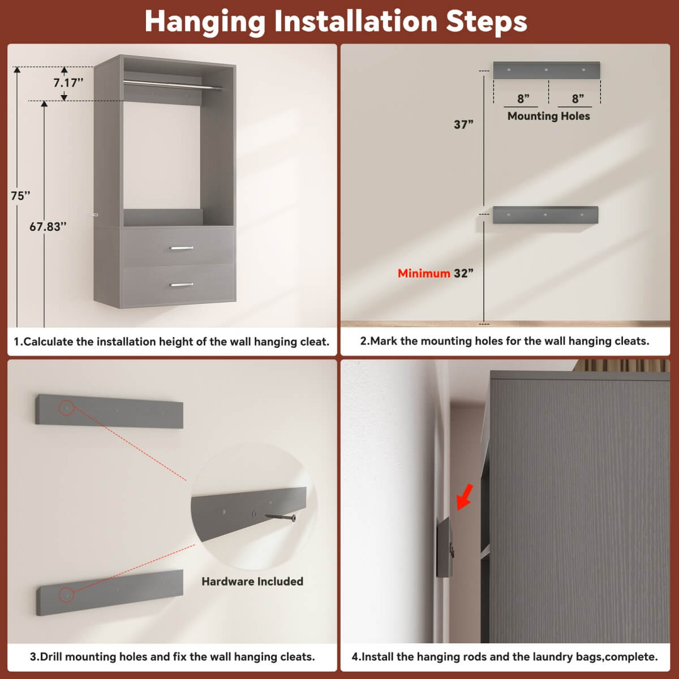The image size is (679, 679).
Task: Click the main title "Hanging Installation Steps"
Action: coord(336,22)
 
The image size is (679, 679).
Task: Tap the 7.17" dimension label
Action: coord(68,83)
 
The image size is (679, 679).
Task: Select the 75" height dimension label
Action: coord(21,196)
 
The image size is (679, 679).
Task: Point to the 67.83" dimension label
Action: coord(48,227)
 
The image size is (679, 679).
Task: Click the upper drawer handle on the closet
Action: coord(182,248)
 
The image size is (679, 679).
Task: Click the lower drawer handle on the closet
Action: coord(182,285)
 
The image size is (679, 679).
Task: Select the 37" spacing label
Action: coord(463,124)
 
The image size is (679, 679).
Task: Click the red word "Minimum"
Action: coord(423,273)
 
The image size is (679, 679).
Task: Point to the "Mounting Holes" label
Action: coord(548,116)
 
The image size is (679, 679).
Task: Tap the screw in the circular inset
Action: coord(280,517)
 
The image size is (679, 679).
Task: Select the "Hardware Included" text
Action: coord(252,582)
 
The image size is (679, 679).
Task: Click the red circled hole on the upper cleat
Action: coord(67,407)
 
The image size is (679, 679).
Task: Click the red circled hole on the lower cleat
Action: coord(67,595)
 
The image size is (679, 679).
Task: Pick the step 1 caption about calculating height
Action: coord(171,342)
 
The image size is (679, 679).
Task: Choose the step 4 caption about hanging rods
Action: coord(505,657)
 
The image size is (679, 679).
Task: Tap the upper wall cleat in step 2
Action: coord(546,70)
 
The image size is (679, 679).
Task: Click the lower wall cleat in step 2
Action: coord(545,215)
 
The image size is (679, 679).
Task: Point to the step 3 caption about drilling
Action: coord(172,657)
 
